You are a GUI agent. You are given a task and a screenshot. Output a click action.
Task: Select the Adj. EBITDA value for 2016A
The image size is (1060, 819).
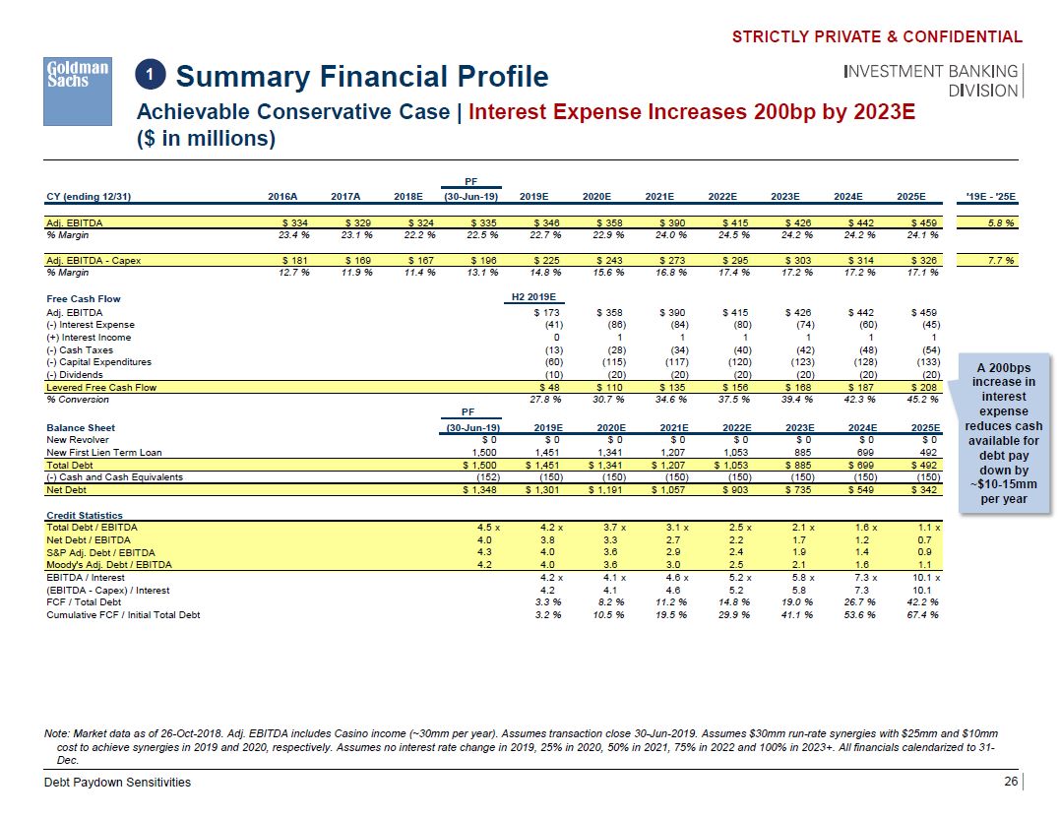tap(295, 223)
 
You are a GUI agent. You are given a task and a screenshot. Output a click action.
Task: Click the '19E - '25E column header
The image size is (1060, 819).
tap(993, 197)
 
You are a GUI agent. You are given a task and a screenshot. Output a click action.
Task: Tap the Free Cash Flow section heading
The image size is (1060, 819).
tap(84, 298)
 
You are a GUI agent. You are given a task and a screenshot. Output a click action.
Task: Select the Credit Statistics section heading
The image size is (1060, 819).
tap(85, 515)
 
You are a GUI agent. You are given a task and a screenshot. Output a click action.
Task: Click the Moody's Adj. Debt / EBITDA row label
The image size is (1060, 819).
tap(109, 565)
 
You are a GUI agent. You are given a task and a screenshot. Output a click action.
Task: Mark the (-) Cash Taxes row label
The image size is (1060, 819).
tap(80, 349)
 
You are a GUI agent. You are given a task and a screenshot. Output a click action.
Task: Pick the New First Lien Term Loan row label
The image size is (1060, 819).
tap(103, 452)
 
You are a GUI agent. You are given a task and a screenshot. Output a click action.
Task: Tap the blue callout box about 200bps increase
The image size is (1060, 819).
tap(1003, 432)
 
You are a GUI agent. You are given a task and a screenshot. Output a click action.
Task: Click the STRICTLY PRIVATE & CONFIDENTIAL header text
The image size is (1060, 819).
tap(877, 37)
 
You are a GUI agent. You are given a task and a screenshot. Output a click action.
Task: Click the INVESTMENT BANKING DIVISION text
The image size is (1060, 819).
tap(930, 81)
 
